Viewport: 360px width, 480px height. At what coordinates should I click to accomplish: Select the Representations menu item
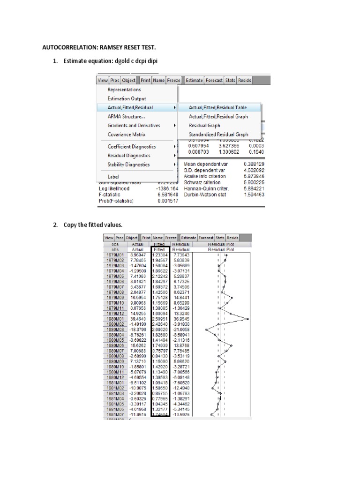point(124,90)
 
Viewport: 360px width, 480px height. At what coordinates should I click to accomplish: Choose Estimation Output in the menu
point(127,98)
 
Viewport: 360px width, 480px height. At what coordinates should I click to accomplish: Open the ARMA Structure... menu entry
point(126,116)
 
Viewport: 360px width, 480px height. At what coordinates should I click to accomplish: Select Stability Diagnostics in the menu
point(128,165)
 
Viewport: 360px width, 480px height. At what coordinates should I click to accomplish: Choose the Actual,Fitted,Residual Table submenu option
point(217,107)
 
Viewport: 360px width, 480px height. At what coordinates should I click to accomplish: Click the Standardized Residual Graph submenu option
point(218,135)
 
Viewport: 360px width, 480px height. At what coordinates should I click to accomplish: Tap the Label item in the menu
point(113,177)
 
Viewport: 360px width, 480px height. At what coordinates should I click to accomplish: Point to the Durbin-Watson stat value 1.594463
point(254,195)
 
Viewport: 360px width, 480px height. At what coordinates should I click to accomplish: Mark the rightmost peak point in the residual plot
point(248,319)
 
